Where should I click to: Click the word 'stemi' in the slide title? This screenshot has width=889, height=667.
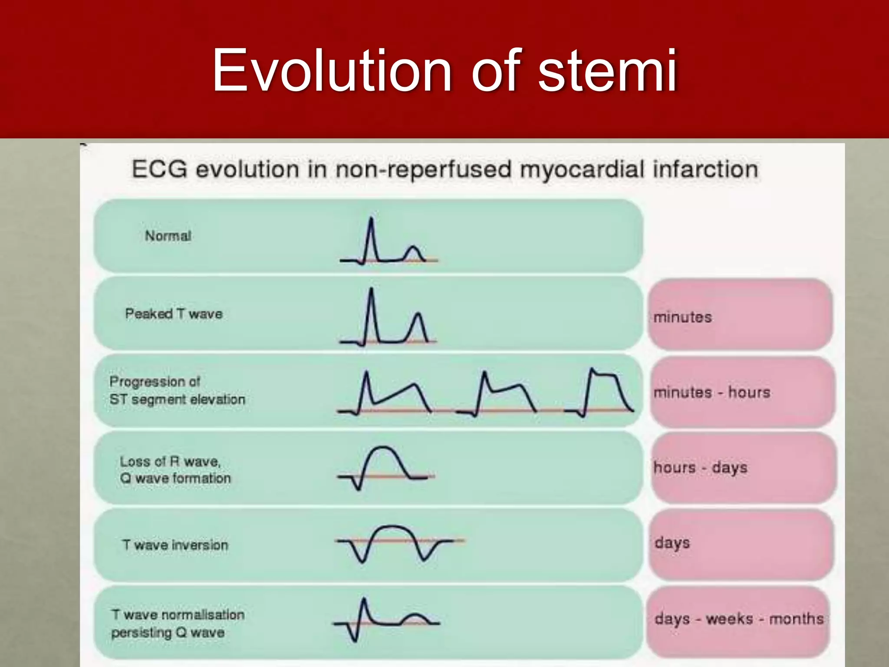608,70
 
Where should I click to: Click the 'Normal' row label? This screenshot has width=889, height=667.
168,236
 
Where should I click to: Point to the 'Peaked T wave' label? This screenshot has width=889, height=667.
174,314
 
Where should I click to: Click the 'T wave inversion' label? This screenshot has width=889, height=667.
175,545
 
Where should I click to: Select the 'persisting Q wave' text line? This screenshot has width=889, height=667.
168,632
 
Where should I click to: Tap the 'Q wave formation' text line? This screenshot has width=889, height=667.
175,478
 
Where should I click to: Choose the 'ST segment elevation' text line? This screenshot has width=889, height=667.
177,399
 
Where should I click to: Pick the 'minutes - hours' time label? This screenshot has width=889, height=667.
712,392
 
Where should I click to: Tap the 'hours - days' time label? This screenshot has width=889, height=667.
700,468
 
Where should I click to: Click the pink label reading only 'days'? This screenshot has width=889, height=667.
672,543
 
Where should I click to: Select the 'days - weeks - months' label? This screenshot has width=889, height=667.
739,618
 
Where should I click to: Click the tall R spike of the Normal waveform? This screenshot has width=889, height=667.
371,230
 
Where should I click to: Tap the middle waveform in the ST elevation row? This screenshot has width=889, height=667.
499,391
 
